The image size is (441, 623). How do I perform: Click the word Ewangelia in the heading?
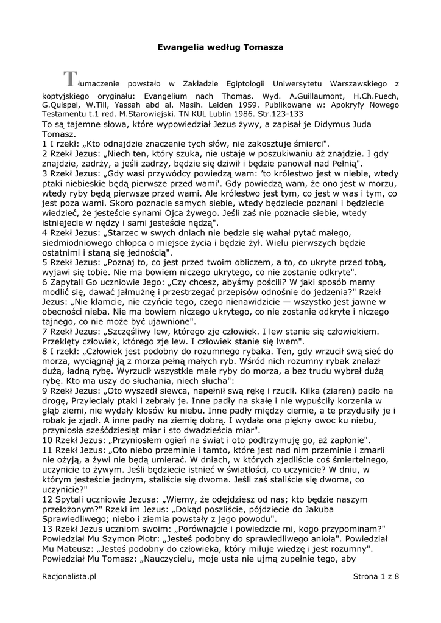[180, 46]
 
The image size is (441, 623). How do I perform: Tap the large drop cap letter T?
[71, 79]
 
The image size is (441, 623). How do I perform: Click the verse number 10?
[48, 440]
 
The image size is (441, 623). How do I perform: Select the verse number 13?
[48, 529]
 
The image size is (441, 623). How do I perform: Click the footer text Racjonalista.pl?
[69, 576]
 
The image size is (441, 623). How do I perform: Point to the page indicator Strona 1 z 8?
[375, 576]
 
